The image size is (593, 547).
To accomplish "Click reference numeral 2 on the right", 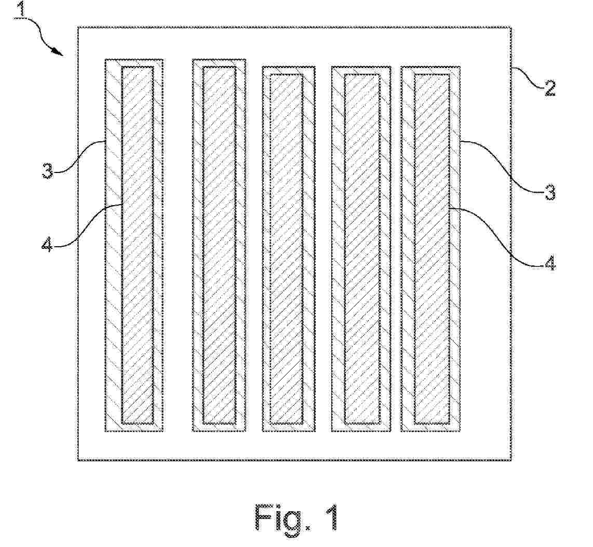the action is click(550, 89).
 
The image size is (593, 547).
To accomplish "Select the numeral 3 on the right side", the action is click(550, 192).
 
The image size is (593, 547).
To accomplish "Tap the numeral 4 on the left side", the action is click(47, 246).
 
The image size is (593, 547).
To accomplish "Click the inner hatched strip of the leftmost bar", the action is click(138, 245).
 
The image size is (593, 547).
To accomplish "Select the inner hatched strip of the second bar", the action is click(219, 245).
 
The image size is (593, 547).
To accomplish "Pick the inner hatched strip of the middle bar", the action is click(287, 248).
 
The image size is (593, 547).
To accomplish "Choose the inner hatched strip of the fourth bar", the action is click(362, 248).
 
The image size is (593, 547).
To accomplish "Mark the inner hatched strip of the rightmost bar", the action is click(432, 248).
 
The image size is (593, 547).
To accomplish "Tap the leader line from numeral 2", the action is click(528, 77).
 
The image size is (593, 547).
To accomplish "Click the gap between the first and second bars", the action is click(178, 245).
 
